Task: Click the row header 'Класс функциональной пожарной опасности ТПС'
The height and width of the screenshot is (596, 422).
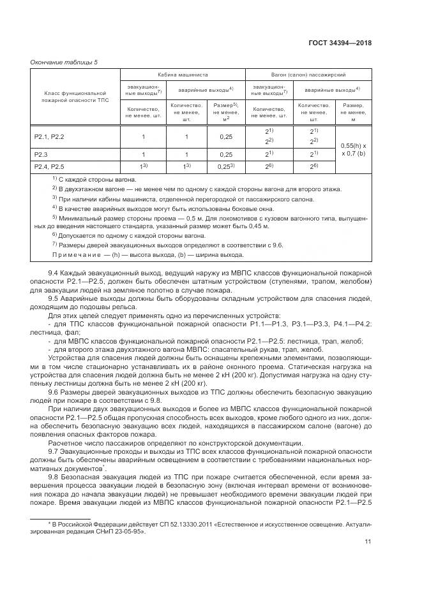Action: click(69, 97)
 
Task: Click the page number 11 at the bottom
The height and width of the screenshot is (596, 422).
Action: click(368, 543)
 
